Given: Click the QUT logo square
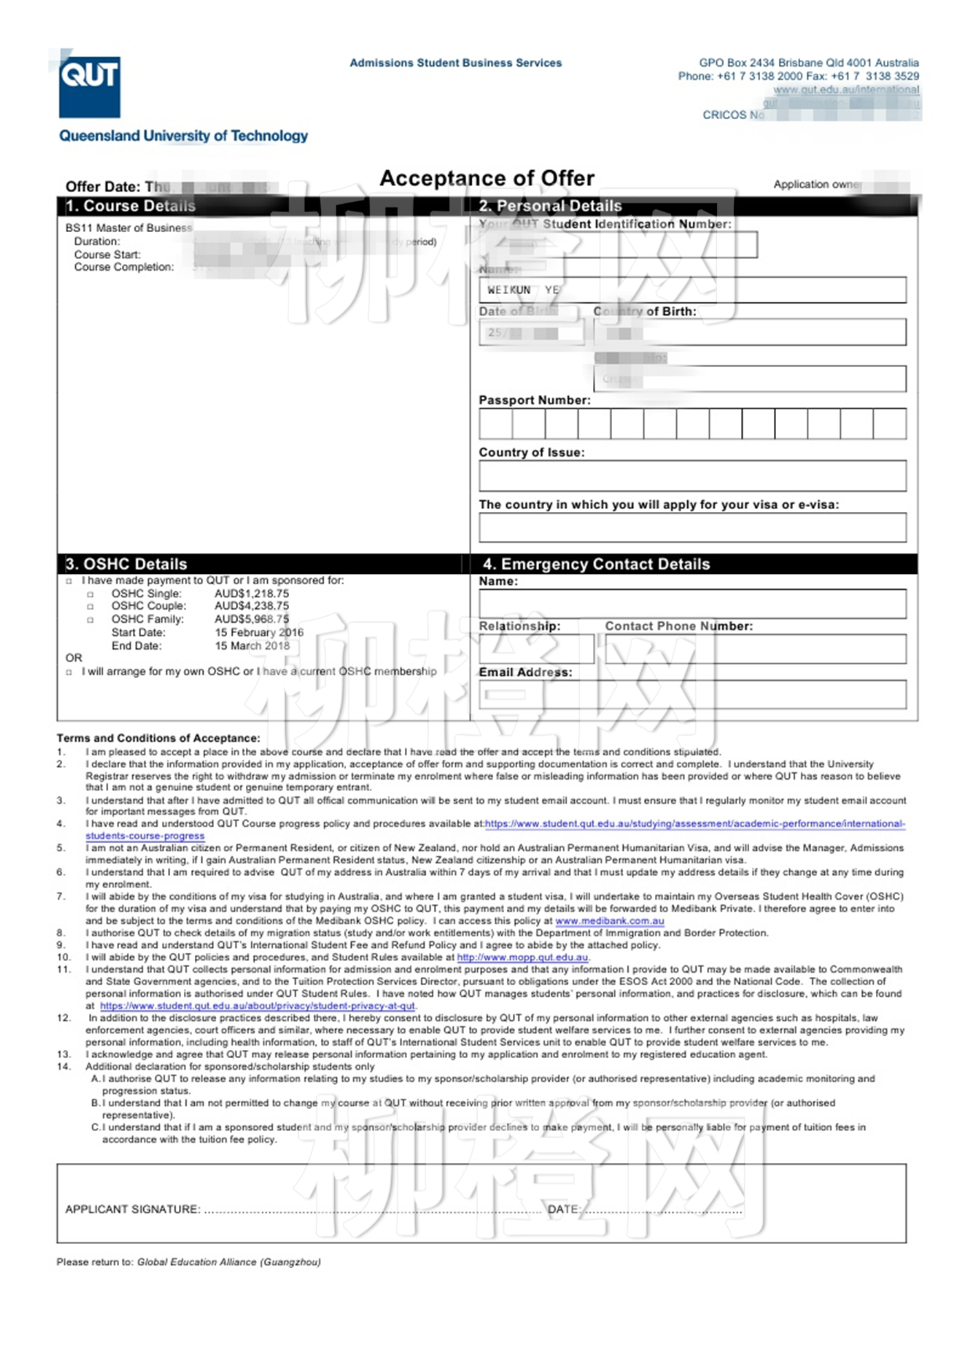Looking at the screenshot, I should coord(90,87).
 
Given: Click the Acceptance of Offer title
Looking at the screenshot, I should coord(487,178).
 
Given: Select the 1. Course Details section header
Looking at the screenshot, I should coord(131,206).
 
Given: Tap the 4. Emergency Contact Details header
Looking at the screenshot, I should coord(596,564).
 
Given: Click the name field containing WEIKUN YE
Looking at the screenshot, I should coord(692,290).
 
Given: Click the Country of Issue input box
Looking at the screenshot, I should coord(692,476).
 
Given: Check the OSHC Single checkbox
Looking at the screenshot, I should coord(90,595).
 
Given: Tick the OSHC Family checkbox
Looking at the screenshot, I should coord(90,620).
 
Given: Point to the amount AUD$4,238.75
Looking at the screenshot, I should coord(252,606).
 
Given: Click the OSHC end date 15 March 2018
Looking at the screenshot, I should coord(252,646).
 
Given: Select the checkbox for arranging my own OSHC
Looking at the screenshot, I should coord(69,672).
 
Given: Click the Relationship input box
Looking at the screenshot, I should coord(536,649).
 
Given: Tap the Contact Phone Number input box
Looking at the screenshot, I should coord(755,649).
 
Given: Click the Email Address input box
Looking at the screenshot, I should coord(692,694).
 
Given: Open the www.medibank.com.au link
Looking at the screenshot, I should coord(609,921).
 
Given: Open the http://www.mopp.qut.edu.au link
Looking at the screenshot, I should coord(523,958).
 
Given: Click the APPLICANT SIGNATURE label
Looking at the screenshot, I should coord(133,1210).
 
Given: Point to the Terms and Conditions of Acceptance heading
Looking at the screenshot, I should coord(158,738).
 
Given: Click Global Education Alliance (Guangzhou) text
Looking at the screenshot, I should coord(229,1262).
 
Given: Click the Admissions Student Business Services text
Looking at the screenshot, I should coord(456,63).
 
